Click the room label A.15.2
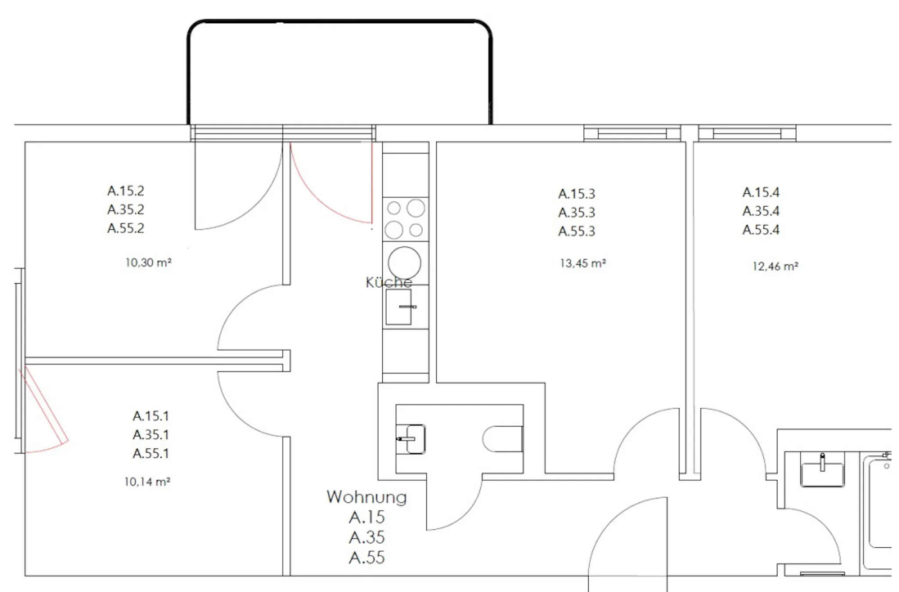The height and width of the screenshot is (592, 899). pos(126,191)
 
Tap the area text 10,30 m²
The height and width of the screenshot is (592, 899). pos(148,262)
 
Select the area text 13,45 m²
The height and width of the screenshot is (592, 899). pos(583,263)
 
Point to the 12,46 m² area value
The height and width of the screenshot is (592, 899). pos(775,266)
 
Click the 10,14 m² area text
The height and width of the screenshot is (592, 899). pos(147,481)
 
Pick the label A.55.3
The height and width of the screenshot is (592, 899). pos(576,231)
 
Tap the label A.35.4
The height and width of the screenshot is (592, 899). pos(761,211)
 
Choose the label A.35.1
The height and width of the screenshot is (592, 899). pos(151,435)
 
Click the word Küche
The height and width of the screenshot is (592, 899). pos(388,282)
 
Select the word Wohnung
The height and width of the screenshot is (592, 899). pos(367,497)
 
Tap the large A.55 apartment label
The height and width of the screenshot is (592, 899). pos(367,557)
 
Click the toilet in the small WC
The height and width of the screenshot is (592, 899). pos(502,439)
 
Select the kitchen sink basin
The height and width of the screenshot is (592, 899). pos(399,307)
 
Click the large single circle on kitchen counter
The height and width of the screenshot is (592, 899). pos(404,263)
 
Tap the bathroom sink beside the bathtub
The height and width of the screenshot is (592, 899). pos(822,470)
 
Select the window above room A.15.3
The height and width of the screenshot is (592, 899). pos(632,133)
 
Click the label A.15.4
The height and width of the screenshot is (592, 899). pos(761,192)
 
